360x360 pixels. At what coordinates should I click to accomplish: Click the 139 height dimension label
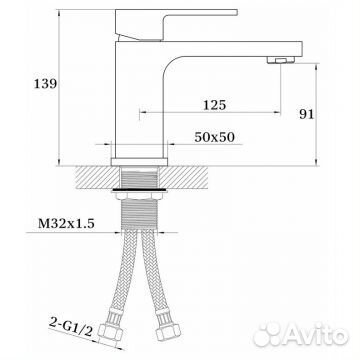pyautogui.click(x=45, y=84)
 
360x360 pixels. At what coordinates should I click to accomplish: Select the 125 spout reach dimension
pyautogui.click(x=215, y=105)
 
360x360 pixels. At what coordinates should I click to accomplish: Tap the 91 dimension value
pyautogui.click(x=306, y=114)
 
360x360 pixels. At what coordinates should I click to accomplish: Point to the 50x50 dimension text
pyautogui.click(x=215, y=137)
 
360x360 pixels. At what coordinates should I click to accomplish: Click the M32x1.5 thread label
pyautogui.click(x=66, y=223)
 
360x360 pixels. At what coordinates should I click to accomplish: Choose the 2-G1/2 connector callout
pyautogui.click(x=71, y=327)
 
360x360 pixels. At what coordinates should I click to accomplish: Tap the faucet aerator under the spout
pyautogui.click(x=281, y=60)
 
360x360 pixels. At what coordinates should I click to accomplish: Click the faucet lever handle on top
pyautogui.click(x=176, y=23)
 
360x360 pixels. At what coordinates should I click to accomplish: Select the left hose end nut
pyautogui.click(x=111, y=331)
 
